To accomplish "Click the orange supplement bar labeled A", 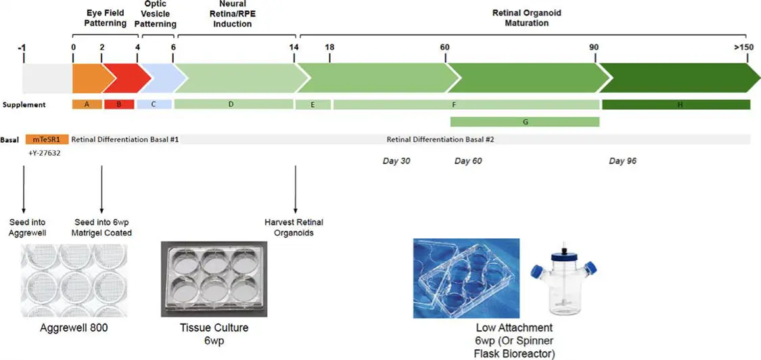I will tap(87, 104).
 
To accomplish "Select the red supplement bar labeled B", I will tap(119, 104).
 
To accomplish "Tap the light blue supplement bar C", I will tap(154, 104).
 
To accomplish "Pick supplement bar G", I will tap(525, 122).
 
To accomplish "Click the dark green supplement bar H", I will tap(676, 104).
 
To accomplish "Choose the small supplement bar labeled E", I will tap(313, 104).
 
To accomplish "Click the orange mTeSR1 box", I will tap(47, 139).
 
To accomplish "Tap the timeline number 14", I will tap(294, 47).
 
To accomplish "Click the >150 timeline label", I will tap(743, 47).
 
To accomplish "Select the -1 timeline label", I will tap(22, 47).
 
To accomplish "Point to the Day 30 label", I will tap(396, 161).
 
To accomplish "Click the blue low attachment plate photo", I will tap(466, 277).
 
